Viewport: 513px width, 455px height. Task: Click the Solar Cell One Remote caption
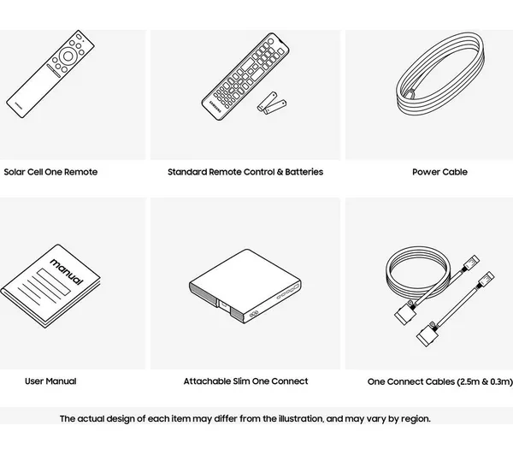pos(50,172)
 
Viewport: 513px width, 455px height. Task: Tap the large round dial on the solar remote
pos(68,56)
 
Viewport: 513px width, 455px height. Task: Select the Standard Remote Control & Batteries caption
pos(245,172)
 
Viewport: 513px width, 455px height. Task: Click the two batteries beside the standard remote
pos(272,103)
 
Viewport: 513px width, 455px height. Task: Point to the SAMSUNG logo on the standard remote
pos(215,107)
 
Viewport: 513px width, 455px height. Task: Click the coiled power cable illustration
pos(440,74)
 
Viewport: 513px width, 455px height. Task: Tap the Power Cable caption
pos(439,172)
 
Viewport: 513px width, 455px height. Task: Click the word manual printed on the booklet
pos(67,271)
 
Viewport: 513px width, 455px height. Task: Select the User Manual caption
pos(50,381)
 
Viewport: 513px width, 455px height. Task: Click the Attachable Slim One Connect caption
pos(245,381)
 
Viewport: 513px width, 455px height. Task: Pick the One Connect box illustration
pos(245,287)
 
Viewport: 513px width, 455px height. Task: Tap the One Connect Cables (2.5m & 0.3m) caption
pos(439,381)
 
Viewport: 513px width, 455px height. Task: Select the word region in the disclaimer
pos(416,419)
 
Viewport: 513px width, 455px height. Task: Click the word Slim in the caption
pos(241,381)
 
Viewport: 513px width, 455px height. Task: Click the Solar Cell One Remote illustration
pos(50,74)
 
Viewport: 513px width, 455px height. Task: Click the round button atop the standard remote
pos(270,41)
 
